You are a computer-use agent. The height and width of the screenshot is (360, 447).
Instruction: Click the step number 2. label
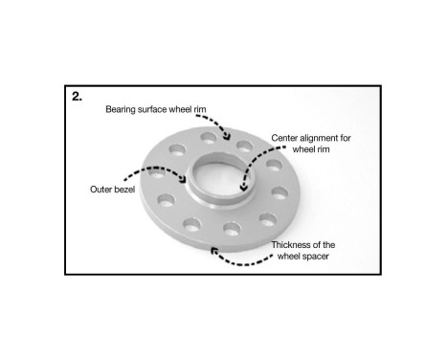(78, 97)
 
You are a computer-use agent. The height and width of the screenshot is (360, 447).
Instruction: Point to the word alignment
(323, 138)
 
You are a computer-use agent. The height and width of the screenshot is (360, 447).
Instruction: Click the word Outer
(101, 189)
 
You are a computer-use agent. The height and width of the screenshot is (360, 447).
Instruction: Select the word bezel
(125, 189)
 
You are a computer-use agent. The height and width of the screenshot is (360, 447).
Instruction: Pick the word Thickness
(291, 245)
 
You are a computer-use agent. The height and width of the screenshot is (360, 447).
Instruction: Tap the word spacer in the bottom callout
(319, 256)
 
